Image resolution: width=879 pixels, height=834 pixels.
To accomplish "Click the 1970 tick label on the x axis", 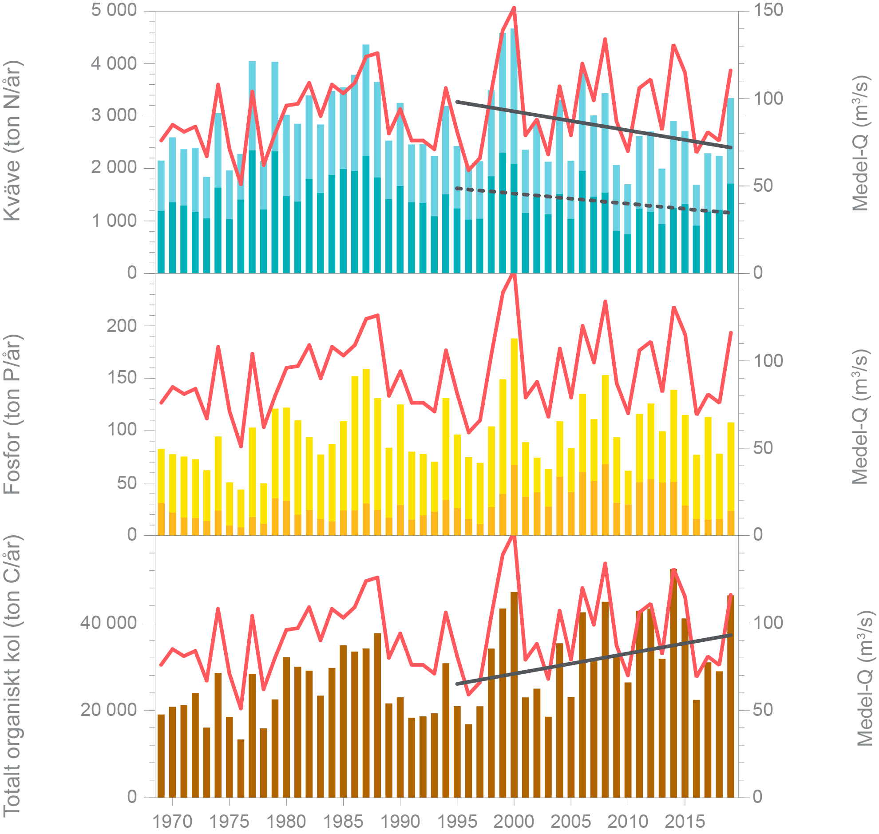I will pyautogui.click(x=172, y=822).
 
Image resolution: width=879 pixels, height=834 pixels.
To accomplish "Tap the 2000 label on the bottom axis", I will pyautogui.click(x=514, y=822).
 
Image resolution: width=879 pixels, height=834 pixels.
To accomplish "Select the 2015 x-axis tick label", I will pyautogui.click(x=684, y=822).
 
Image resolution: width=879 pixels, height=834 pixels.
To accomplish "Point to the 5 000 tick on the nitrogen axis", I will pyautogui.click(x=114, y=10).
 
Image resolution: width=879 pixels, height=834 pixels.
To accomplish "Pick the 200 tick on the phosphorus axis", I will pyautogui.click(x=121, y=326).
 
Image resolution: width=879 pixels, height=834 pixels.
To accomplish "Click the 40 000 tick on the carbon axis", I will pyautogui.click(x=108, y=623).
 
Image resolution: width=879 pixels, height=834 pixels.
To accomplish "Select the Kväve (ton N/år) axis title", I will pyautogui.click(x=12, y=141).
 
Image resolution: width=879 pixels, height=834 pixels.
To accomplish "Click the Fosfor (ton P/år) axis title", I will pyautogui.click(x=12, y=414).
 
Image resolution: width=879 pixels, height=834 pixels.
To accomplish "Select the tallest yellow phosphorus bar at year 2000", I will pyautogui.click(x=514, y=400).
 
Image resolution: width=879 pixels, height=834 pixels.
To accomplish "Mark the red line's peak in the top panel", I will pyautogui.click(x=514, y=8).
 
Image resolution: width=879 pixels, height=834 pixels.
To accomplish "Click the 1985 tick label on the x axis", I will pyautogui.click(x=343, y=822).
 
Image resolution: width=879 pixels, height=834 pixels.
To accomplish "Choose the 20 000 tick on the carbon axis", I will pyautogui.click(x=108, y=710).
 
